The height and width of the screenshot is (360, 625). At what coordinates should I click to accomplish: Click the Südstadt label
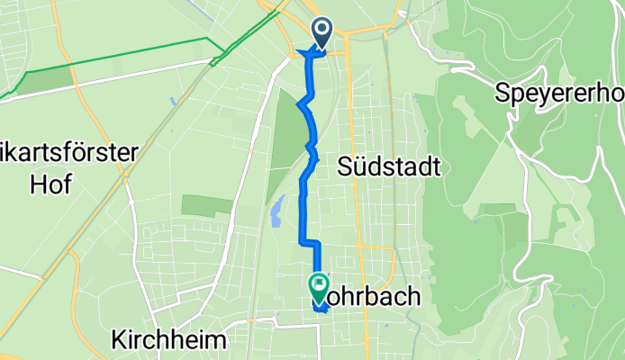click(x=388, y=166)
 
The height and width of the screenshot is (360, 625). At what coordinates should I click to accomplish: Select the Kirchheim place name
click(x=169, y=338)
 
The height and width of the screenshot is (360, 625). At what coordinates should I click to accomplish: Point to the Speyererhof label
click(x=559, y=92)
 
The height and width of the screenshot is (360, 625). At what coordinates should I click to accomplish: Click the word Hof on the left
click(x=36, y=184)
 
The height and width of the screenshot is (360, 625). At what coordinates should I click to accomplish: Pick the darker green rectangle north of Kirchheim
click(x=206, y=205)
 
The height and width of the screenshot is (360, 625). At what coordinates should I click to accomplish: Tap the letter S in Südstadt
click(x=343, y=166)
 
